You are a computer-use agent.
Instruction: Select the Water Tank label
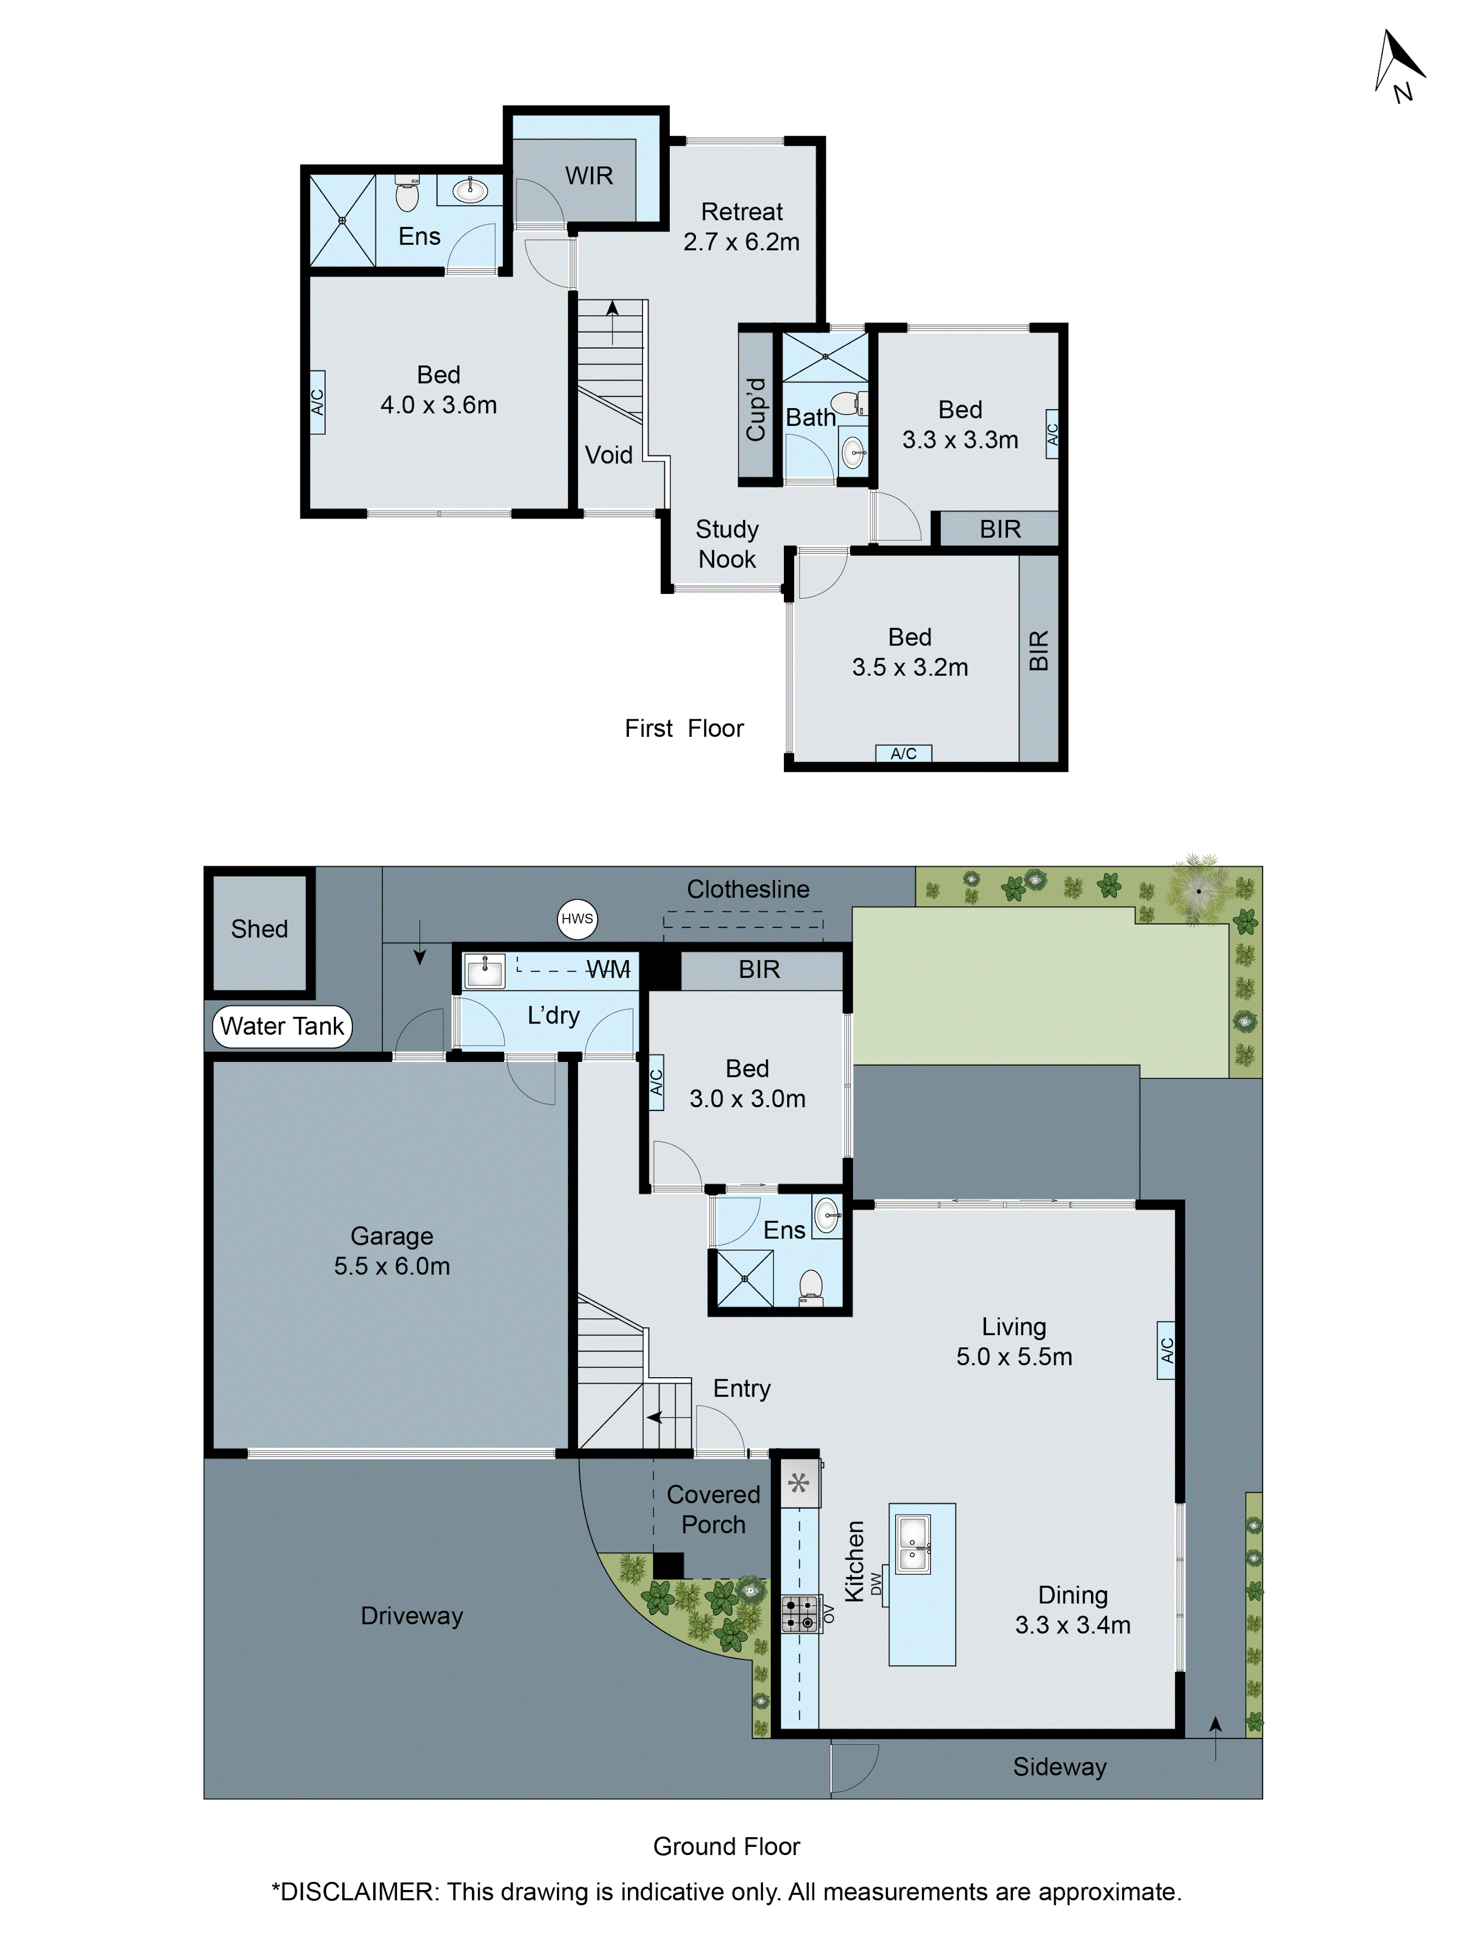coord(281,1025)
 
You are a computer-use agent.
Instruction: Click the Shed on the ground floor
coord(259,930)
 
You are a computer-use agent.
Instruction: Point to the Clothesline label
coord(748,889)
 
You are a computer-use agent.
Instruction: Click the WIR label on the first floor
coord(589,176)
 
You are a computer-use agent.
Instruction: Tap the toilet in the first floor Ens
coord(407,194)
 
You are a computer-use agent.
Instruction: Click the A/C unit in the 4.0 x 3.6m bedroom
coord(317,402)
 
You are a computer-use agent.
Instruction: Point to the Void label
coord(608,455)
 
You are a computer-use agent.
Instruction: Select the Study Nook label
coord(727,544)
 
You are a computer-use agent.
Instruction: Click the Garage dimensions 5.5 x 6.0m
coord(392,1267)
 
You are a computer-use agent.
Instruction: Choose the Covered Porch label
coord(713,1509)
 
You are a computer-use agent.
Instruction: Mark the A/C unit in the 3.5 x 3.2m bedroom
coord(903,753)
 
